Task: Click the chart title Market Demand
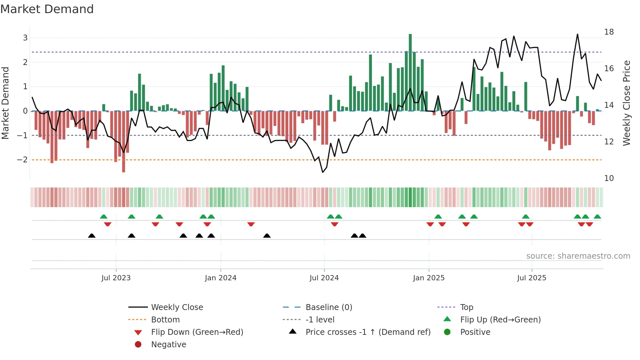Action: point(47,9)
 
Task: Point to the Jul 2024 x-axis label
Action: point(324,278)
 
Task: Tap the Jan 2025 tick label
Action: point(428,278)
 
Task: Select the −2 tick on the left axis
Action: point(22,160)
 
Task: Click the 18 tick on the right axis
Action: point(609,32)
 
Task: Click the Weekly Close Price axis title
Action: point(626,103)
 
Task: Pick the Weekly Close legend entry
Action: point(177,307)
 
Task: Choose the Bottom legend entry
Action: point(165,320)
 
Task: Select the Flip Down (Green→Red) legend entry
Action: point(197,332)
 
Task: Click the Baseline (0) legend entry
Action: point(328,307)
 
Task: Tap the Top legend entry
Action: point(466,307)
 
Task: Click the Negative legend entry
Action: point(168,345)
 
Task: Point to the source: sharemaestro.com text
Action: point(578,256)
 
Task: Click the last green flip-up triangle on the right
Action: point(597,217)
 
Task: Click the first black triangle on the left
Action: point(92,236)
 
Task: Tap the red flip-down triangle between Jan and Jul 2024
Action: point(251,224)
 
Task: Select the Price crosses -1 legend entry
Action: point(368,332)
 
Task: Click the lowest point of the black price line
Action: point(323,172)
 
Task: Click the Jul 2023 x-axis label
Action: point(116,278)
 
